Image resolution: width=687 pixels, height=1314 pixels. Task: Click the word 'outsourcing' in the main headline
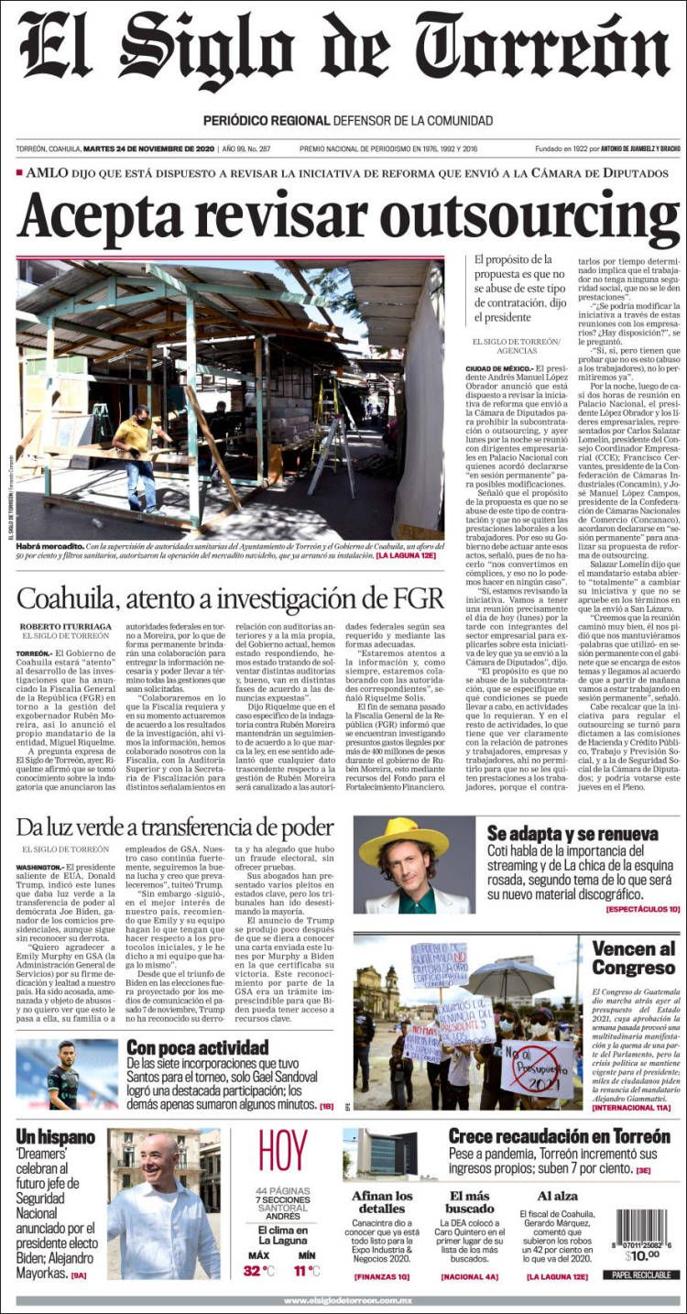518,217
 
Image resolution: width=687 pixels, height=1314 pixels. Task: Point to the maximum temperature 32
253,1270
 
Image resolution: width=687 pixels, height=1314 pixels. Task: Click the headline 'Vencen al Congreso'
633,958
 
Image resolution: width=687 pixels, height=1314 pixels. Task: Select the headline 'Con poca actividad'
197,1047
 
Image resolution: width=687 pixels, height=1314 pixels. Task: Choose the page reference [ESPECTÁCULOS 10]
642,908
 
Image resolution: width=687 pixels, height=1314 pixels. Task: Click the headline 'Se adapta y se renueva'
572,834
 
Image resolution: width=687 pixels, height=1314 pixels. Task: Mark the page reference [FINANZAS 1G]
382,1276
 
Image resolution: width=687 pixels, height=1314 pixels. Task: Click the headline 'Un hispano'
55,1137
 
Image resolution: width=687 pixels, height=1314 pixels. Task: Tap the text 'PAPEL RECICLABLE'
641,1275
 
